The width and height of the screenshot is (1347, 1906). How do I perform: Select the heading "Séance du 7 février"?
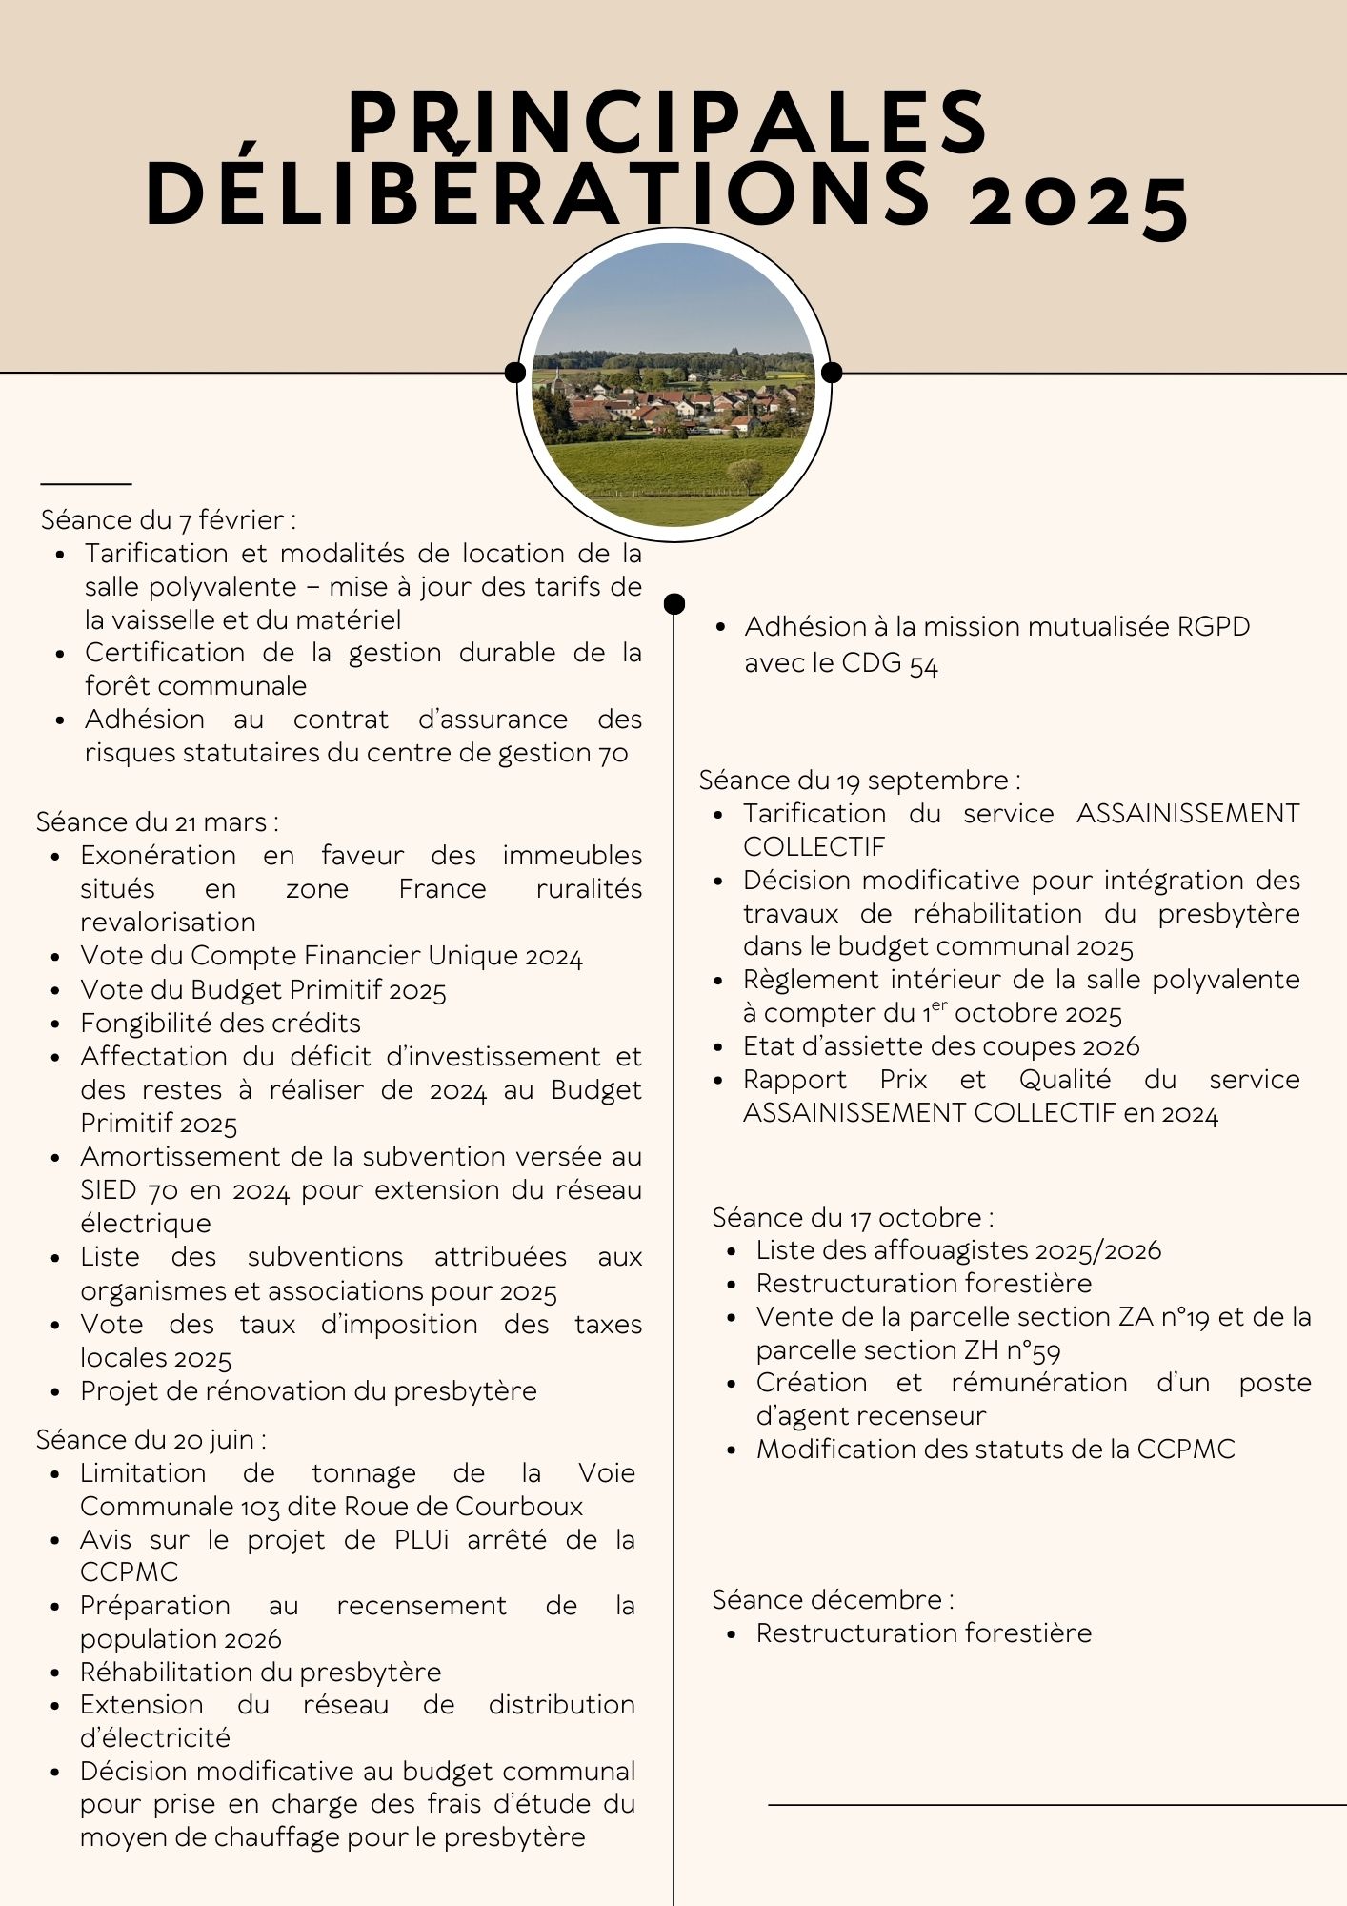tap(168, 520)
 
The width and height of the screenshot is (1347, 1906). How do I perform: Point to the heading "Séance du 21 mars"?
tap(157, 821)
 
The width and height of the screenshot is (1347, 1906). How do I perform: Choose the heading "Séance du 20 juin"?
tap(151, 1439)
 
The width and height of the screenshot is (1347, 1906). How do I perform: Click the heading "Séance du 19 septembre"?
tap(859, 780)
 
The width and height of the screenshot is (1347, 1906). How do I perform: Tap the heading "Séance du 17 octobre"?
tap(853, 1217)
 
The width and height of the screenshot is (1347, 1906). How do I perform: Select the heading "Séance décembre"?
tap(833, 1599)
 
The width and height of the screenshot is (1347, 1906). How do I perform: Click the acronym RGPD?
tap(1213, 627)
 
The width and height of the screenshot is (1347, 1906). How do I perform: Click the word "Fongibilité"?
tap(149, 1024)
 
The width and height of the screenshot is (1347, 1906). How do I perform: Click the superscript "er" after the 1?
tap(939, 1004)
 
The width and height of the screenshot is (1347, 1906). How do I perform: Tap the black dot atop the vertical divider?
tap(673, 603)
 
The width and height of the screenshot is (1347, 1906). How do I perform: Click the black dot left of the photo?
tap(515, 372)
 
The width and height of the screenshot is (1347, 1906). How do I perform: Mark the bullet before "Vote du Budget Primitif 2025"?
tap(57, 991)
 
